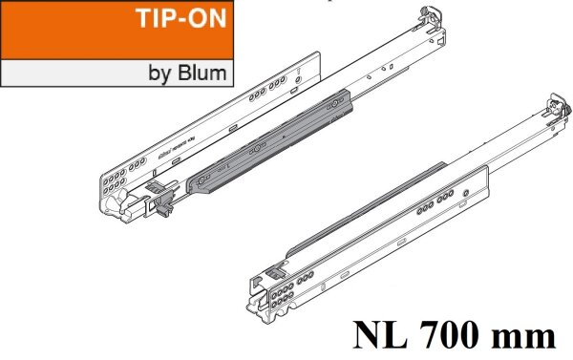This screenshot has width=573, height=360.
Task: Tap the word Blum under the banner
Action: coord(204,73)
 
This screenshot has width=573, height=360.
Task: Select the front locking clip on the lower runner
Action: coord(276,271)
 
